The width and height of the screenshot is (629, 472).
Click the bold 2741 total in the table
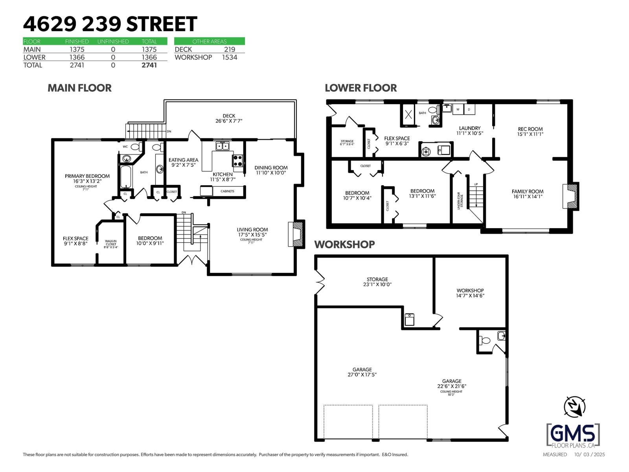click(149, 65)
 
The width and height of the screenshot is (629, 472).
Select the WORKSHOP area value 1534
click(229, 57)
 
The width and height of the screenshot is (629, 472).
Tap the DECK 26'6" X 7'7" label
click(229, 118)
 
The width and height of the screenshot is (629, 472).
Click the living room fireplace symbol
click(297, 234)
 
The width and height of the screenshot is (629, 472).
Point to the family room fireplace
click(571, 196)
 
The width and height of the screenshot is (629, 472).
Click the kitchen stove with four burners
click(238, 161)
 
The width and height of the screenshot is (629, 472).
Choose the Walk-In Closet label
click(111, 244)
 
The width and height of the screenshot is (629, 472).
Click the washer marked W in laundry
click(458, 109)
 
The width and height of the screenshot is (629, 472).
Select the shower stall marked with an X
click(408, 114)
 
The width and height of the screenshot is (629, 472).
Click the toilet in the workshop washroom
click(486, 341)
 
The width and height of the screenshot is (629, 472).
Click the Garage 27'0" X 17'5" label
click(362, 372)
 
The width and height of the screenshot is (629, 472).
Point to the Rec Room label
click(530, 131)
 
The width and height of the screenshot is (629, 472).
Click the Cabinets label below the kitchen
click(227, 191)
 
